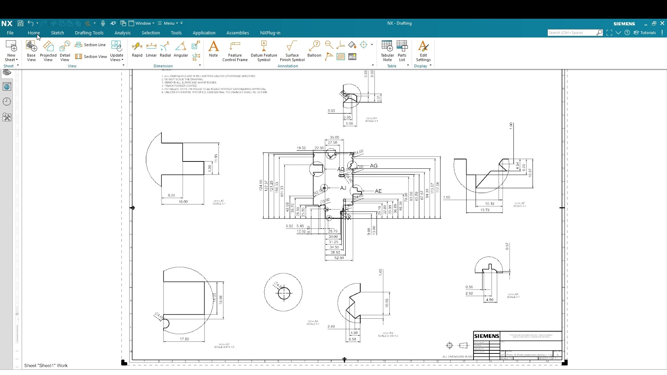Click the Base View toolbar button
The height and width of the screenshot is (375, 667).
(31, 51)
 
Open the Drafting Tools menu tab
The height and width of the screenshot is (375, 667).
(89, 33)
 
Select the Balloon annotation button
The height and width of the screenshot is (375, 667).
(314, 49)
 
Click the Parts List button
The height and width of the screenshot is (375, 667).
(402, 51)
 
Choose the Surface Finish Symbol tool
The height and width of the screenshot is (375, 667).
(292, 51)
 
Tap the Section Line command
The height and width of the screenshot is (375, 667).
(91, 45)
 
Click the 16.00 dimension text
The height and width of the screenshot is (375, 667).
(183, 202)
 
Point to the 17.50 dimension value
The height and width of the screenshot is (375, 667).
(184, 339)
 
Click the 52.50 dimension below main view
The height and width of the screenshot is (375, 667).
(339, 258)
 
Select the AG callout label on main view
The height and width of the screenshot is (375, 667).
(374, 166)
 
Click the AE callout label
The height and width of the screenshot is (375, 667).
(378, 191)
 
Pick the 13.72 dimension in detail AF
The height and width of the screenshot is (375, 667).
(485, 210)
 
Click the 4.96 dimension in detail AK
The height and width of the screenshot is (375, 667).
(489, 300)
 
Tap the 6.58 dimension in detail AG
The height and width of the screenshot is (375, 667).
(352, 339)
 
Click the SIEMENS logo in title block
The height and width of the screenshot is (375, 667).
(486, 336)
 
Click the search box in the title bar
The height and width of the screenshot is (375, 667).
(571, 33)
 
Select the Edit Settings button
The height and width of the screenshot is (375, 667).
(423, 51)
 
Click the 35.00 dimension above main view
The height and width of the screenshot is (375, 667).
(334, 137)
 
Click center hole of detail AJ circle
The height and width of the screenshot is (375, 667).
(284, 293)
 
